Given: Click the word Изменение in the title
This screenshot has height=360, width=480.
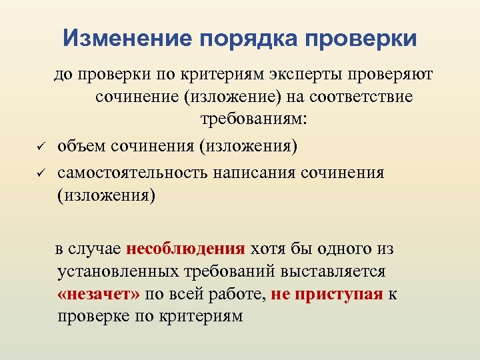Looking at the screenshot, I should pos(126,38).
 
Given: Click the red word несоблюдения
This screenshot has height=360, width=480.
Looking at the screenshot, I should pos(185,249).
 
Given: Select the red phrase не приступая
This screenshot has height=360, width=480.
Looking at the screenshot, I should pos(327,293).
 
